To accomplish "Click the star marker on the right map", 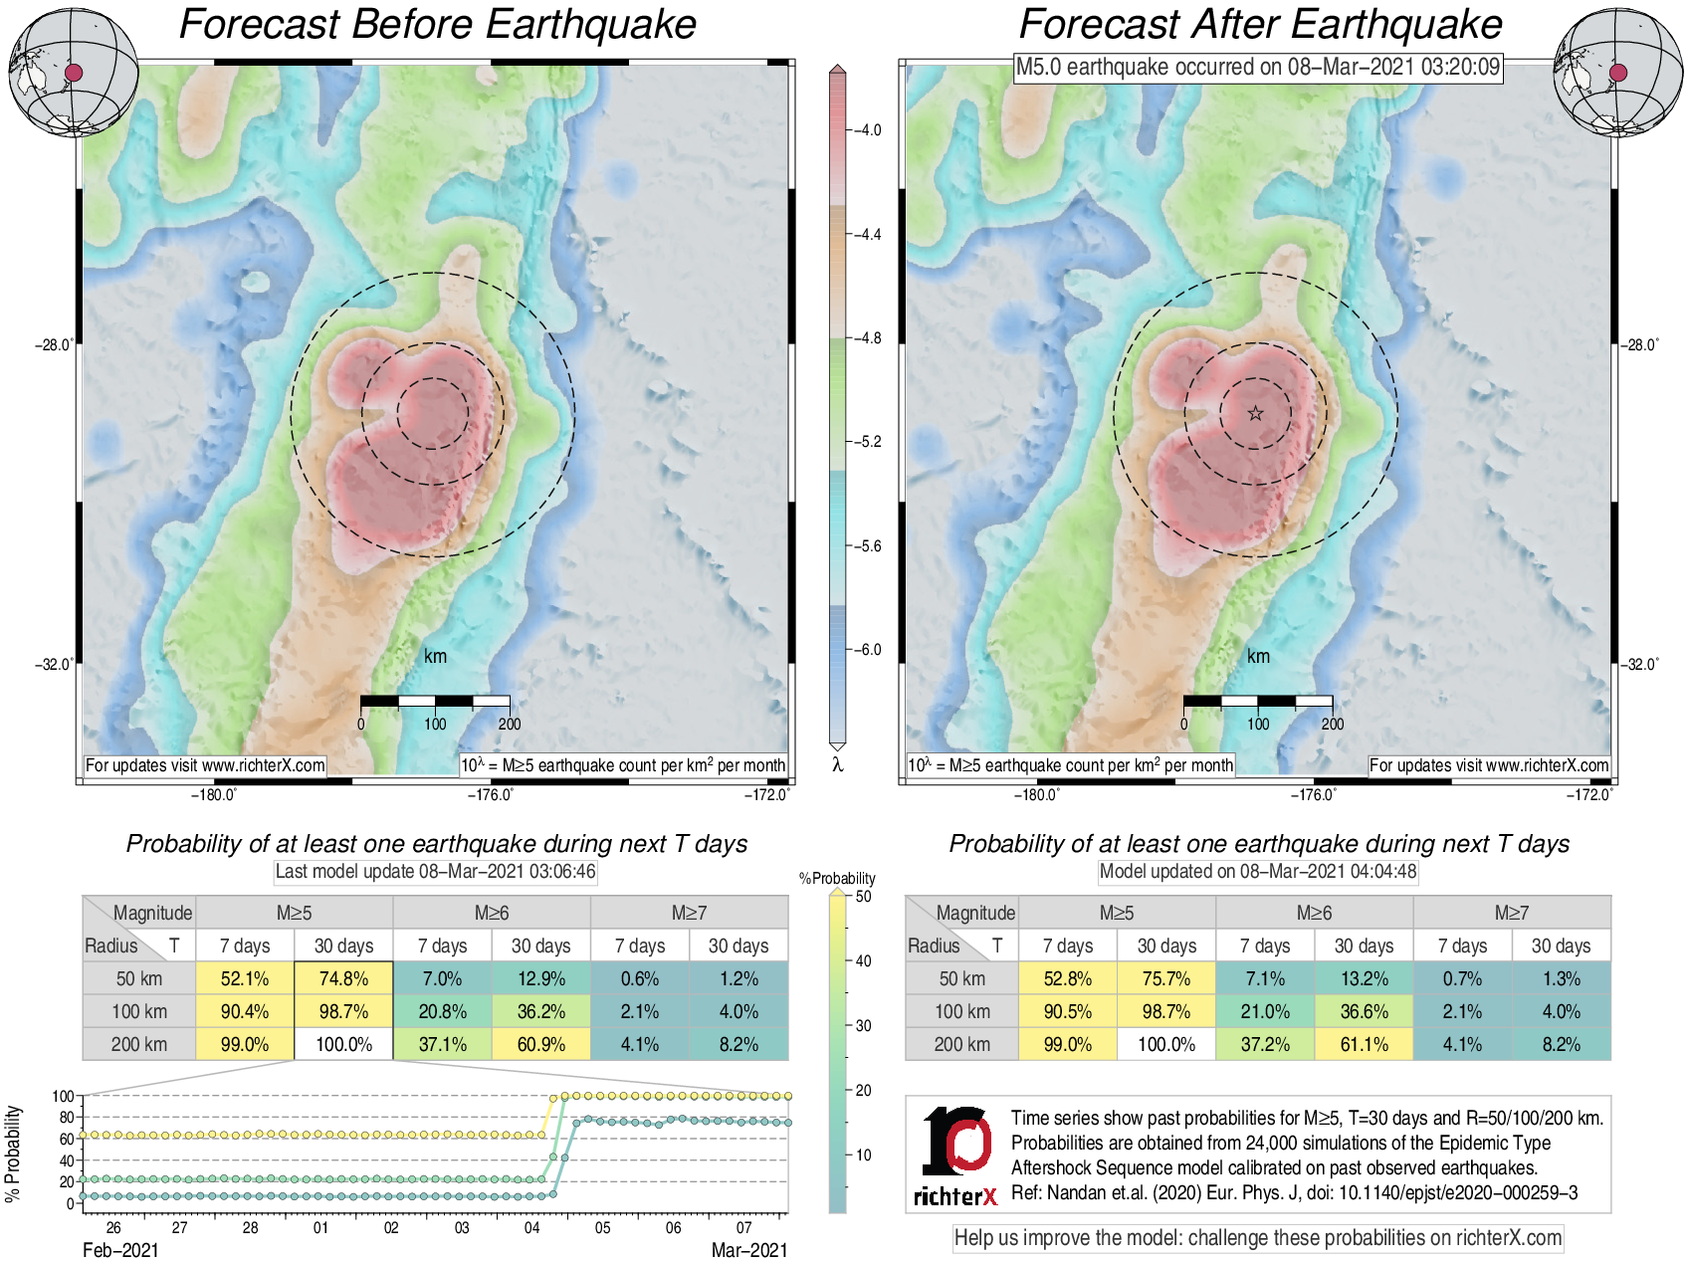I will point(1255,413).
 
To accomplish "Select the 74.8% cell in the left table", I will point(343,978).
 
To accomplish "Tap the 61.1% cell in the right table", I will point(1364,1044).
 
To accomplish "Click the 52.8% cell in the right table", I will point(1067,978).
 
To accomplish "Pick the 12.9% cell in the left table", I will point(540,978).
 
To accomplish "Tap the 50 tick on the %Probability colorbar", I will point(862,897).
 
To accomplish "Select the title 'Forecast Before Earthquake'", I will point(438,24).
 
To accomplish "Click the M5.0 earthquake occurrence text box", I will point(1257,68).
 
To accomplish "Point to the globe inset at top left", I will point(74,72).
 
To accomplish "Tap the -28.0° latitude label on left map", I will point(55,345).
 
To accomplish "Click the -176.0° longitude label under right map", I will point(1314,794).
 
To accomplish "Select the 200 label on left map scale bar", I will point(510,724).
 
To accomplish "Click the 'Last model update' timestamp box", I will point(435,872).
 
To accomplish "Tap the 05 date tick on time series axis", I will point(602,1227).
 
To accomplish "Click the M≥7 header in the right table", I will point(1511,913).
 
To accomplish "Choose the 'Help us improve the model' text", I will point(1257,1238).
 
